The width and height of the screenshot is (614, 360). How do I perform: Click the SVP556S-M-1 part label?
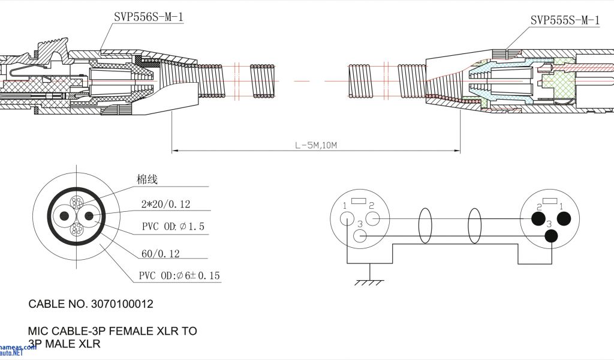(x=148, y=17)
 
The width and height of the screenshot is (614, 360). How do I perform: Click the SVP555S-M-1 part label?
(x=564, y=20)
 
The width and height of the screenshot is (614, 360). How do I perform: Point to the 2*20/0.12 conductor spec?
(x=165, y=205)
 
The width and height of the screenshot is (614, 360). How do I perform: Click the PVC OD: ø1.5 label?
(x=173, y=226)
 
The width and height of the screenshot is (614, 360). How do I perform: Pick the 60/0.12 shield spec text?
(x=160, y=254)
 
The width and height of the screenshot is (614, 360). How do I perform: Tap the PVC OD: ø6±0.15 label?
(x=180, y=275)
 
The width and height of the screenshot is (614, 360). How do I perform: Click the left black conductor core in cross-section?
(x=62, y=216)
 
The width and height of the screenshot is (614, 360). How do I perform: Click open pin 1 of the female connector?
(x=347, y=219)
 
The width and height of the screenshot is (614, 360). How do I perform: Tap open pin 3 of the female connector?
(x=360, y=235)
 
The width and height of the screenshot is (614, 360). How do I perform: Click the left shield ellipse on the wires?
(x=425, y=226)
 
